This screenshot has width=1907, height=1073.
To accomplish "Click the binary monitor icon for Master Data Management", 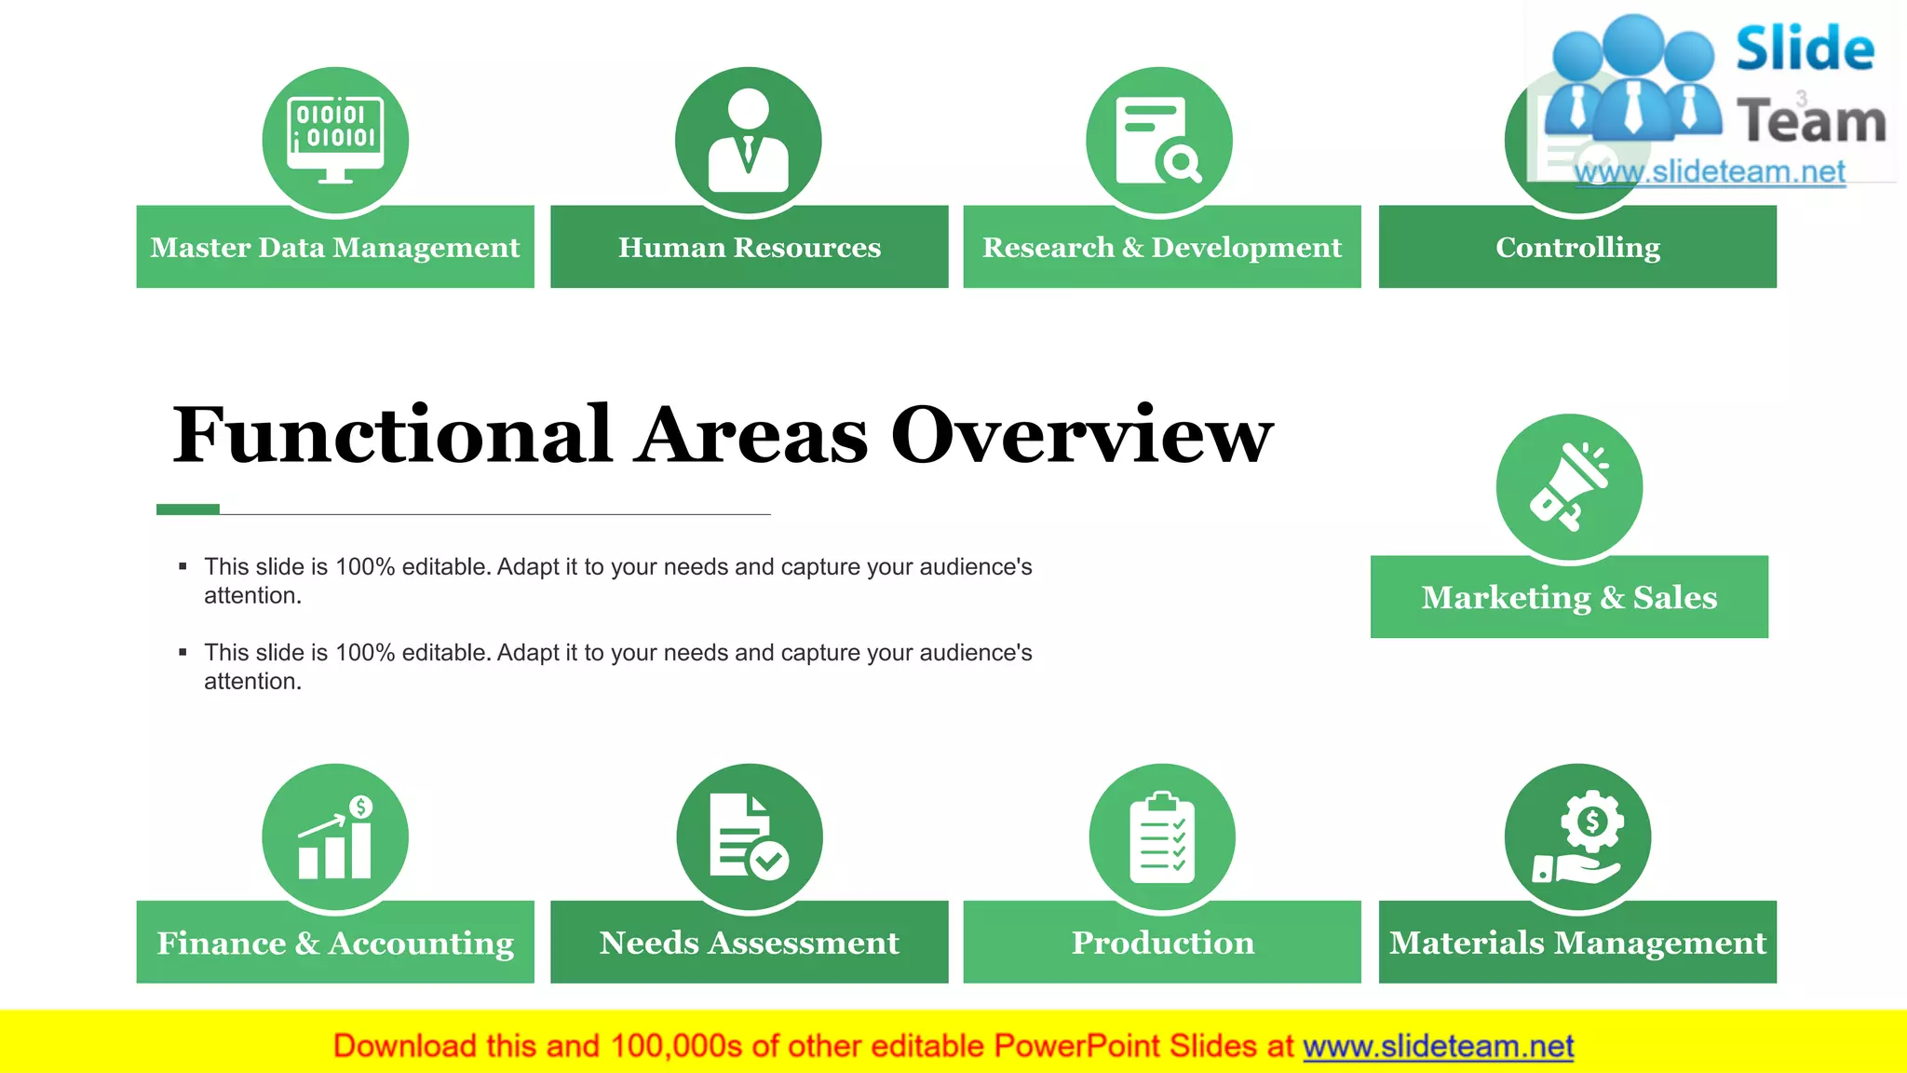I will pyautogui.click(x=335, y=140).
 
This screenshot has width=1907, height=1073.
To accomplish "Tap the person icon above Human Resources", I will pyautogui.click(x=749, y=140).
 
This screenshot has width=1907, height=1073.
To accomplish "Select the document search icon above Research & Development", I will pyautogui.click(x=1158, y=140).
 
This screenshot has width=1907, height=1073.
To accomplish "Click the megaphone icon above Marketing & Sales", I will pyautogui.click(x=1569, y=486).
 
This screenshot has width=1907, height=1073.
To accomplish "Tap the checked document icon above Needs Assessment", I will pyautogui.click(x=749, y=836).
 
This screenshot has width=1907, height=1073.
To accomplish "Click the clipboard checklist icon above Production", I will pyautogui.click(x=1162, y=836).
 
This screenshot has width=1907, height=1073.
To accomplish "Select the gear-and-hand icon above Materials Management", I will pyautogui.click(x=1577, y=836).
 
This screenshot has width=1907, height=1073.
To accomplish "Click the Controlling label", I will pyautogui.click(x=1577, y=247).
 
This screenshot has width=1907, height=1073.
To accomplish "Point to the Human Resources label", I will pyautogui.click(x=750, y=247).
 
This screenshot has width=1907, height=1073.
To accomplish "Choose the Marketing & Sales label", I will pyautogui.click(x=1569, y=597).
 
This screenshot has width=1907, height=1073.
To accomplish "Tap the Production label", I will pyautogui.click(x=1162, y=943).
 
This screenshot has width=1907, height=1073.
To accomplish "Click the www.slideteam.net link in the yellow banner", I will pyautogui.click(x=1438, y=1046).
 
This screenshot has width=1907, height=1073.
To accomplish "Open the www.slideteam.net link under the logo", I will pyautogui.click(x=1710, y=171).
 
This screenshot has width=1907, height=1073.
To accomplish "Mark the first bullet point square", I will pyautogui.click(x=183, y=566).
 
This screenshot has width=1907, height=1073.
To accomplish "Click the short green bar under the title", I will pyautogui.click(x=188, y=509).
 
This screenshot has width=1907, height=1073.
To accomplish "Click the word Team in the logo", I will pyautogui.click(x=1811, y=121).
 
